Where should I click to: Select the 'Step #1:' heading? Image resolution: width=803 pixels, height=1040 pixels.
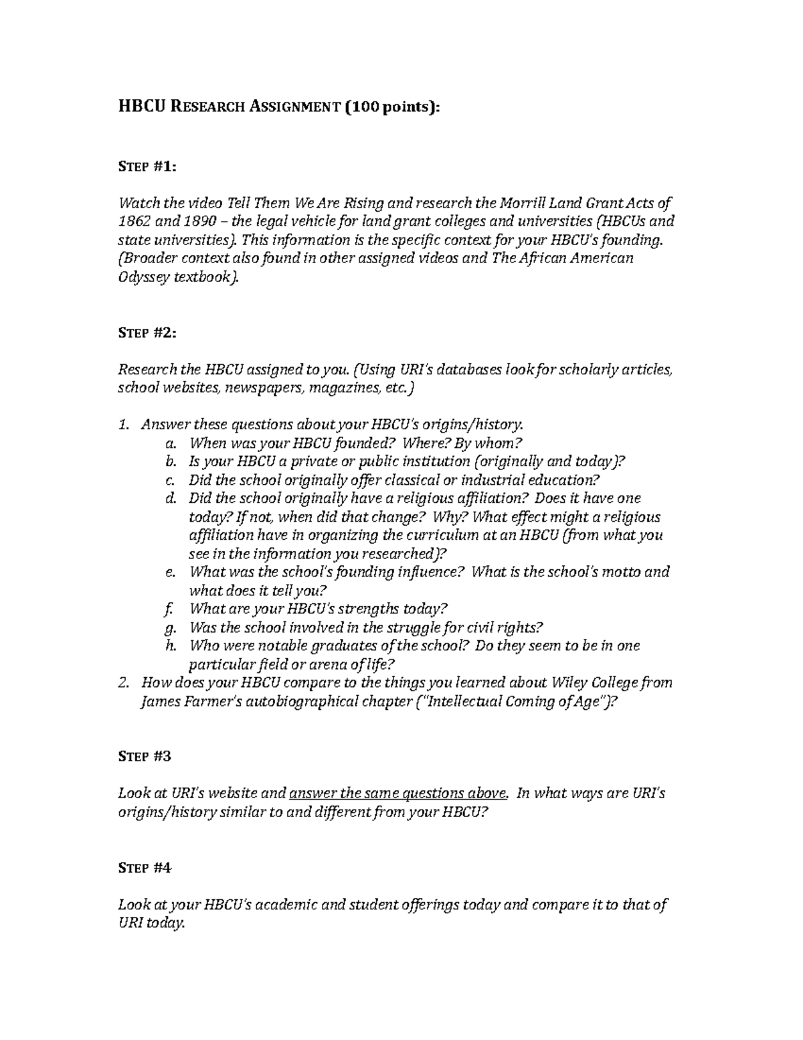tap(147, 167)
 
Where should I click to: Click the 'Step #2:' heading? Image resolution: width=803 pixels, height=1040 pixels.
tap(147, 333)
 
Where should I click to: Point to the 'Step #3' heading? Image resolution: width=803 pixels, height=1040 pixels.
tap(145, 756)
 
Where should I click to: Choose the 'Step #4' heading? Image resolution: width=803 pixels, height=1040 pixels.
tap(145, 867)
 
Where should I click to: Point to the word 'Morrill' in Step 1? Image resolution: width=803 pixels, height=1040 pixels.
tap(514, 203)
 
